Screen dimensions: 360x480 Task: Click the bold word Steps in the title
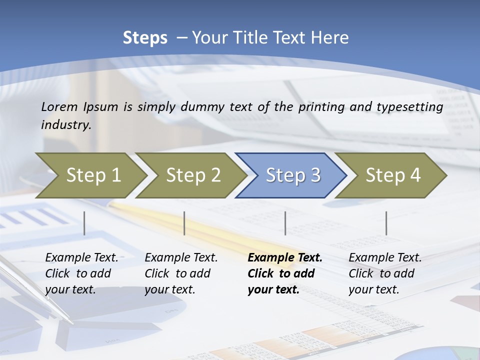tap(145, 37)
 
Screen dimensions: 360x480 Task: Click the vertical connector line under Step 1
tap(84, 223)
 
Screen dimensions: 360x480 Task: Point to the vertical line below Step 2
tap(184, 223)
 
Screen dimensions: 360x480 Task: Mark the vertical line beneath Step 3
tap(285, 223)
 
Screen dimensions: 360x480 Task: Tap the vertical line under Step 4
tap(386, 223)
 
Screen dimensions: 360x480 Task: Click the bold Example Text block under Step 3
tap(285, 273)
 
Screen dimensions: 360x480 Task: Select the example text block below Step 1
tap(81, 273)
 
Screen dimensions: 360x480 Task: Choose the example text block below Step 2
tap(181, 273)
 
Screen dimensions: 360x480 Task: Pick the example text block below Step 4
tap(385, 273)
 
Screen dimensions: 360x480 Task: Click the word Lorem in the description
tap(59, 106)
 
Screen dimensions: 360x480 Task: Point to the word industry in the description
tap(65, 125)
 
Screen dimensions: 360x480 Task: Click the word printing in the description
tap(321, 106)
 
